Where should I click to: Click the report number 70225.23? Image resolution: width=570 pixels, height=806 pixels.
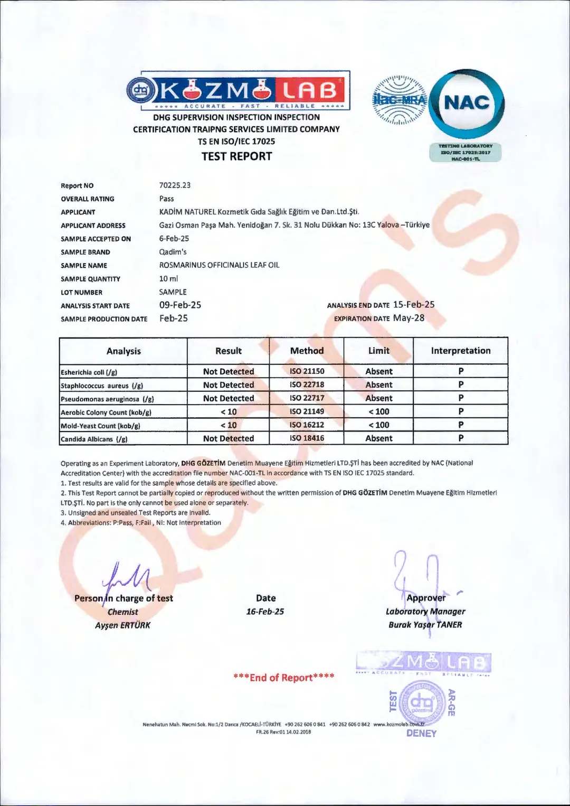[175, 185]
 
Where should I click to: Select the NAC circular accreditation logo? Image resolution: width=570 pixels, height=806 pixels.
[467, 104]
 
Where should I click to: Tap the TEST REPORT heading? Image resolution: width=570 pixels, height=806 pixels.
[236, 156]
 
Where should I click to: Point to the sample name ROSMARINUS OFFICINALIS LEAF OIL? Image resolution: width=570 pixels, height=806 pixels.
[219, 265]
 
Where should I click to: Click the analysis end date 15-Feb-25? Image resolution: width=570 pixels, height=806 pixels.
[414, 305]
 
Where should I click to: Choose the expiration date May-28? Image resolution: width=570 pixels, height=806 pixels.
[408, 318]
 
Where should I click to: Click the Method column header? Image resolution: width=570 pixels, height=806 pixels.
[307, 351]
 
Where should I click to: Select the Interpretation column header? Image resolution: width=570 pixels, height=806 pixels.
[460, 351]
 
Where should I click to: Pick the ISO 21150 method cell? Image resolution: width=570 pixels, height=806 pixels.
[307, 371]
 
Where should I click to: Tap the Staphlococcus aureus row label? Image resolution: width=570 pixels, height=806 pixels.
[102, 386]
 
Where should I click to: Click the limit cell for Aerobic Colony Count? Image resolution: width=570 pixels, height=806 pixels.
[378, 411]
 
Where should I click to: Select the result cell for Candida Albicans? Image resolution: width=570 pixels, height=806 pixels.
[229, 438]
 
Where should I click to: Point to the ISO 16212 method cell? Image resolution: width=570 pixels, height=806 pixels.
[307, 425]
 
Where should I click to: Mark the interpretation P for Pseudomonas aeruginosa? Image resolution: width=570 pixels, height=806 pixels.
[461, 398]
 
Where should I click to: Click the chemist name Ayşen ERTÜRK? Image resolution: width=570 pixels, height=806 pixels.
[122, 625]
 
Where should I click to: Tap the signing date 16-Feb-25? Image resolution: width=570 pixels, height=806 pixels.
[265, 612]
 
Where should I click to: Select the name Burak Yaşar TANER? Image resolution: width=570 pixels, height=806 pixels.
[425, 625]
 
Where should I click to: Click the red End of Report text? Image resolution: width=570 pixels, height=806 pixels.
[284, 678]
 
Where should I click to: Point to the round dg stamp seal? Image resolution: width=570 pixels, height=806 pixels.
[422, 701]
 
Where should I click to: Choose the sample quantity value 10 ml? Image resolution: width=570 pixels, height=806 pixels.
[168, 278]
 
